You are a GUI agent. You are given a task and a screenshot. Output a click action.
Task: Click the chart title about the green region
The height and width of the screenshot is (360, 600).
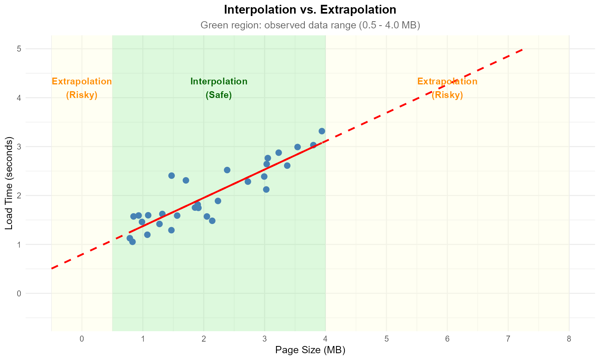click(310, 25)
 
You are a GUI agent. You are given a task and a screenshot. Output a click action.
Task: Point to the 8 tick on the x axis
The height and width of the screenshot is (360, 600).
click(569, 339)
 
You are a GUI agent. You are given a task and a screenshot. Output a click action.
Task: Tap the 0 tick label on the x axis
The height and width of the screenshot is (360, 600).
click(82, 339)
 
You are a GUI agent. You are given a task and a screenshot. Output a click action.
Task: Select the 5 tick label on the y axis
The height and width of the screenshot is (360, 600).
click(19, 49)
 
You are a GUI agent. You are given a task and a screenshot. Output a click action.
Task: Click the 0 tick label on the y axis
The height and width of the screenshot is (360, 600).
click(19, 294)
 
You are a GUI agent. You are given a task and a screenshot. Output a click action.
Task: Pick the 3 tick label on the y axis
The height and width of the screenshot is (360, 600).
click(19, 147)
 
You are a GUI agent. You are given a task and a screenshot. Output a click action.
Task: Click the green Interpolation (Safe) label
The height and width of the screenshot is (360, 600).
click(219, 88)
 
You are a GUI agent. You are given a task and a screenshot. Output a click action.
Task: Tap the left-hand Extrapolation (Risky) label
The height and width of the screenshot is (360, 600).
click(82, 88)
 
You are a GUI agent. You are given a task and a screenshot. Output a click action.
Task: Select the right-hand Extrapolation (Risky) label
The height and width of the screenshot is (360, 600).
click(447, 88)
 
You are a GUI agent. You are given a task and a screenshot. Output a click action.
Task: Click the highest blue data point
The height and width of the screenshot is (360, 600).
click(322, 131)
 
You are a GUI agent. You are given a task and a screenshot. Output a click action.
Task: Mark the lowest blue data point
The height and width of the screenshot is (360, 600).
click(132, 242)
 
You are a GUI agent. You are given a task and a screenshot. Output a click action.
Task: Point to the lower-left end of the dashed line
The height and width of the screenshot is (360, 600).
click(52, 268)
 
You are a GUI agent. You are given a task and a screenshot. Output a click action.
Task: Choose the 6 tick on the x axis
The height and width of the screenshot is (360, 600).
click(447, 339)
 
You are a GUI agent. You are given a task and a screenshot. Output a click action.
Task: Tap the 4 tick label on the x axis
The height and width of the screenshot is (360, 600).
click(325, 339)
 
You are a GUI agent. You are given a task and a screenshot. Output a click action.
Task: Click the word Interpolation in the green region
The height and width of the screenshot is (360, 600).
click(219, 82)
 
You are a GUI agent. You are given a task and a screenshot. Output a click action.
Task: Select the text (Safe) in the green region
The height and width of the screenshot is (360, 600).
click(219, 95)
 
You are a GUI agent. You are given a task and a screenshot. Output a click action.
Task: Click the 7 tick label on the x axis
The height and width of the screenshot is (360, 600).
click(508, 339)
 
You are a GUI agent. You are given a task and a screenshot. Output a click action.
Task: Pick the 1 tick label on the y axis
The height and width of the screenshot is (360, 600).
click(19, 244)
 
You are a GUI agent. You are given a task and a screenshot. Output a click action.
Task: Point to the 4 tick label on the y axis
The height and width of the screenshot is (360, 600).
click(19, 98)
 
